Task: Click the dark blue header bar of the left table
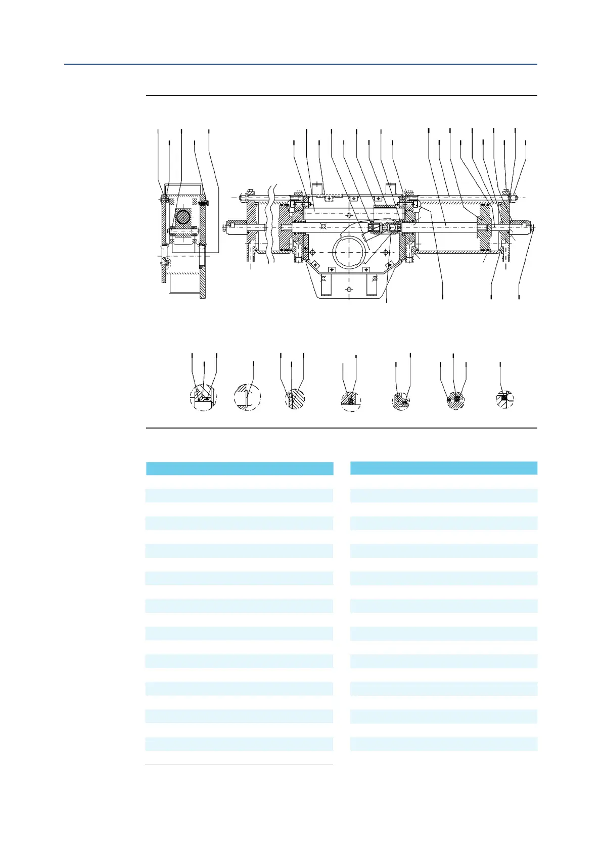tap(239, 468)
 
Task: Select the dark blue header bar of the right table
tap(443, 467)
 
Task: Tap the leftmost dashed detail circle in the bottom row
tap(203, 397)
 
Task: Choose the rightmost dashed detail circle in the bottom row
tap(504, 399)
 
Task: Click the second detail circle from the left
tap(248, 397)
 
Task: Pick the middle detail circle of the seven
tap(351, 401)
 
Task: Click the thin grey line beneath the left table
tap(239, 765)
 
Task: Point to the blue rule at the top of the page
tap(300, 64)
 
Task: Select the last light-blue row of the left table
tap(239, 743)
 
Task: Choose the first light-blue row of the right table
tap(443, 495)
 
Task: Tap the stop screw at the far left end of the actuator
tap(226, 228)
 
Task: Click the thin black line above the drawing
tap(341, 95)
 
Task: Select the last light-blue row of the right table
tap(443, 743)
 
